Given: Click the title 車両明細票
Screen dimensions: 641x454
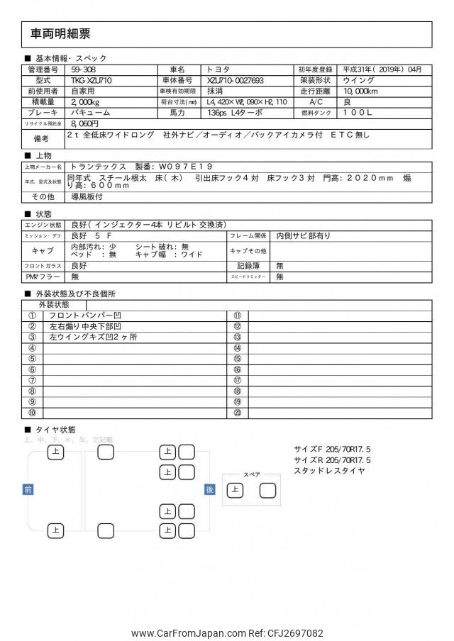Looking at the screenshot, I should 60,33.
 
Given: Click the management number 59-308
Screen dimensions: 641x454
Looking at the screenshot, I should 84,69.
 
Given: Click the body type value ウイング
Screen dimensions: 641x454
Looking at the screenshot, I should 359,81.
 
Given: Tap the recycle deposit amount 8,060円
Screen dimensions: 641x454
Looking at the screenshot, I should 84,123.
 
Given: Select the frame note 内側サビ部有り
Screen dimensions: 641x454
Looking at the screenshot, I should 304,235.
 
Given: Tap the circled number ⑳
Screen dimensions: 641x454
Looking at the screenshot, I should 238,413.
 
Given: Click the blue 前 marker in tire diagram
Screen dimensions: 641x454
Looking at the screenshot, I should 28,489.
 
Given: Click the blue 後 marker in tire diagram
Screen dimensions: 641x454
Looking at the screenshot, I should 209,489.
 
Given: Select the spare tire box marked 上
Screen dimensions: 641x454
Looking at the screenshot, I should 234,489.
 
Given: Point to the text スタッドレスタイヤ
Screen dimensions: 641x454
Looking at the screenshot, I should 329,470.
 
